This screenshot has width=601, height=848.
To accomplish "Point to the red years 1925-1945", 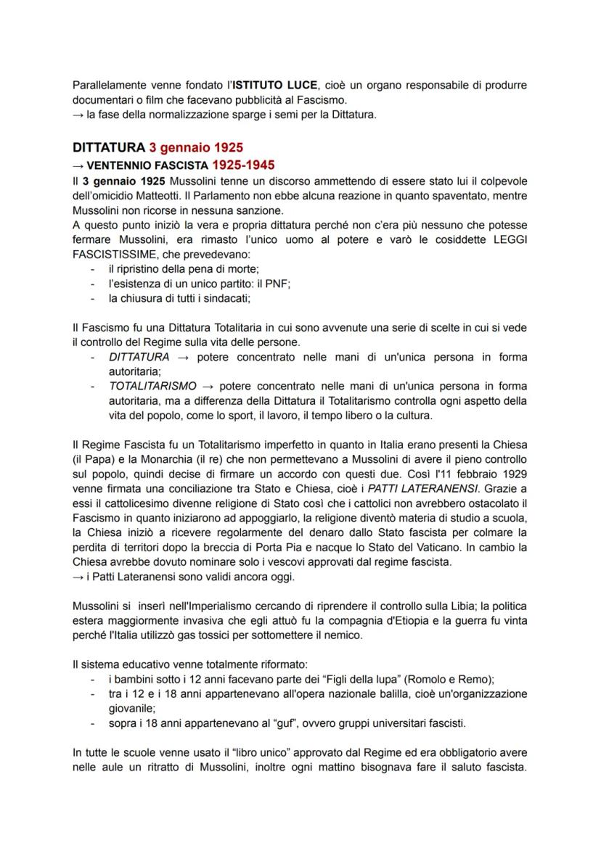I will (242, 165).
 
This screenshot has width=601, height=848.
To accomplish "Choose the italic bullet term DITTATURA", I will (139, 357).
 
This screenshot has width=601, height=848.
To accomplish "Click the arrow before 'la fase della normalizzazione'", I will (78, 114).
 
